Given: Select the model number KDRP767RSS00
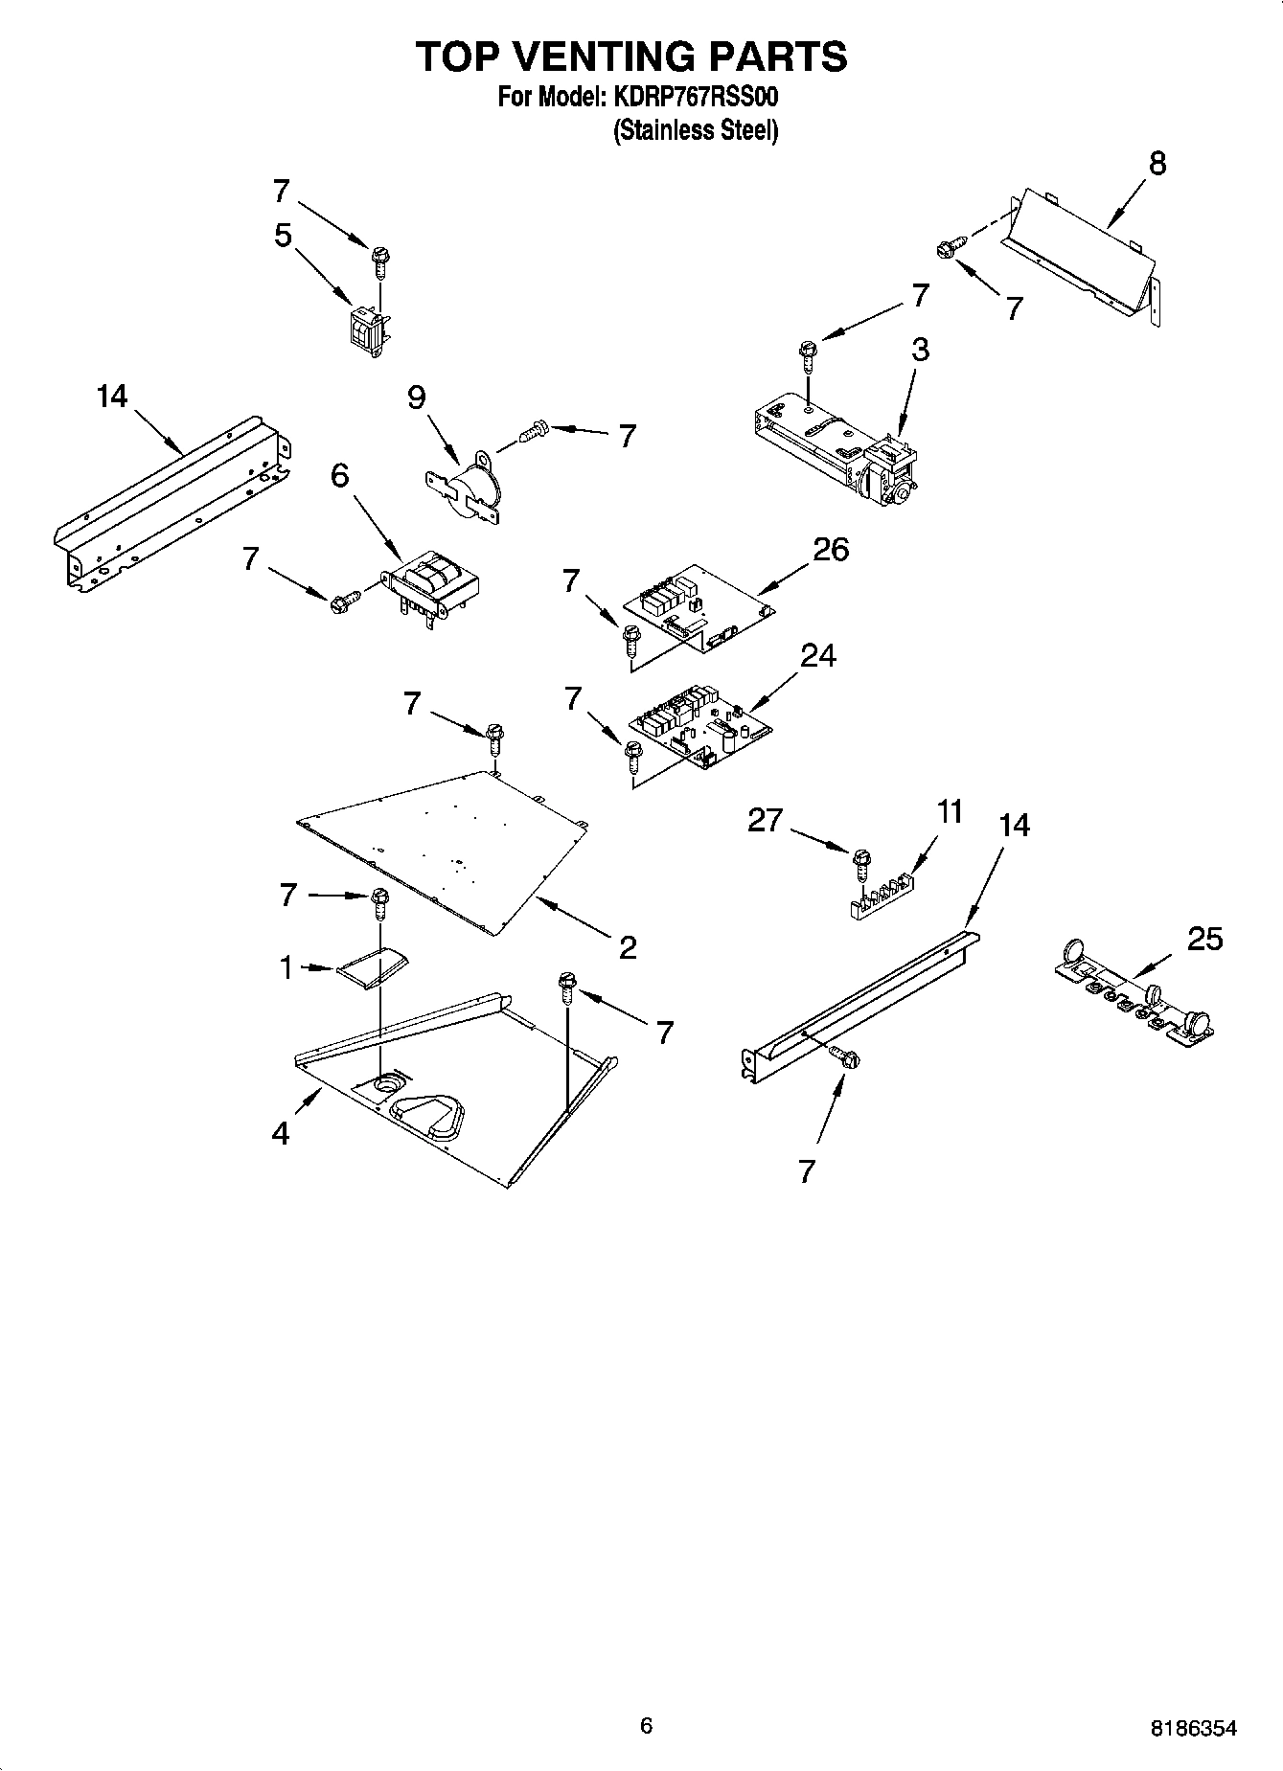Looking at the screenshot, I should pyautogui.click(x=694, y=97).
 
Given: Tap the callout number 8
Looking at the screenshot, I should pyautogui.click(x=1157, y=164).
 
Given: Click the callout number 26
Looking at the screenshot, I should pyautogui.click(x=830, y=550).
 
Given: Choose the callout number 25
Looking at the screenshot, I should pyautogui.click(x=1203, y=939).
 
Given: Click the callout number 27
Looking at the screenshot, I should pyautogui.click(x=765, y=821).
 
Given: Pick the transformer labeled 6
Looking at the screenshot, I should pyautogui.click(x=431, y=585).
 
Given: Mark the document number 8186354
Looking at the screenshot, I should pyautogui.click(x=1193, y=1728).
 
